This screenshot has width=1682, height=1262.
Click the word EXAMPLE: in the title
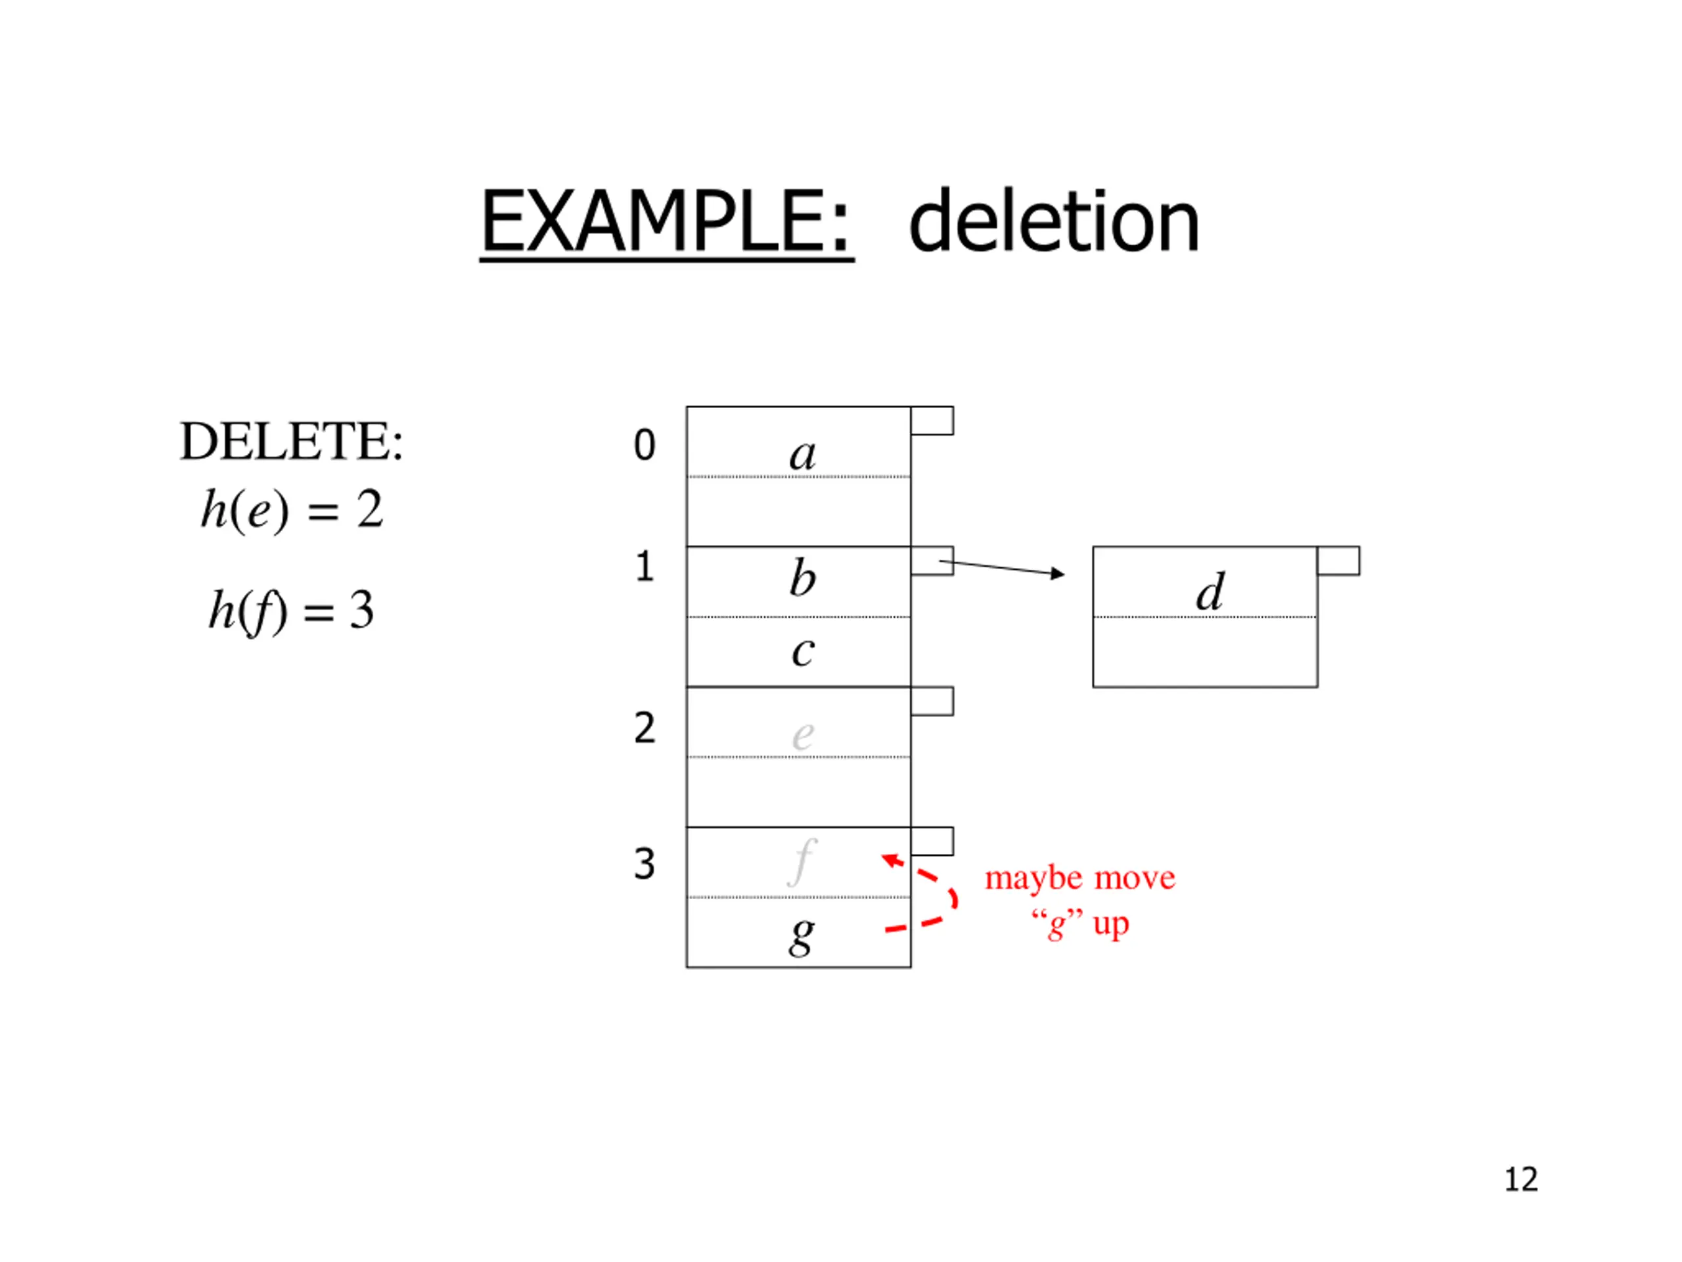[666, 222]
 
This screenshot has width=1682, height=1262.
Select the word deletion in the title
[1053, 222]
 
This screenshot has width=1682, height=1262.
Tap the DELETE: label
[291, 441]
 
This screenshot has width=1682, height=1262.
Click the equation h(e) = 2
[292, 509]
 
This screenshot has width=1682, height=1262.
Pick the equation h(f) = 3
[292, 610]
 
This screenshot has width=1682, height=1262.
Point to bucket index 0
[644, 445]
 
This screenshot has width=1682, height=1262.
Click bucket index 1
[644, 567]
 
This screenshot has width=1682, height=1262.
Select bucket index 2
[644, 728]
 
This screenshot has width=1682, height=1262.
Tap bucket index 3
[644, 864]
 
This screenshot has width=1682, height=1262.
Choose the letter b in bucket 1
[802, 579]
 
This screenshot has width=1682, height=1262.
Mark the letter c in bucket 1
[802, 651]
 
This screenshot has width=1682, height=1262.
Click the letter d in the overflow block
[1209, 592]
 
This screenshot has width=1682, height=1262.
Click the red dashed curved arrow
[948, 898]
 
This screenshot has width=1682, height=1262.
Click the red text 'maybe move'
[1080, 879]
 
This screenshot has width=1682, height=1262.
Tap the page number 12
[1521, 1180]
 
